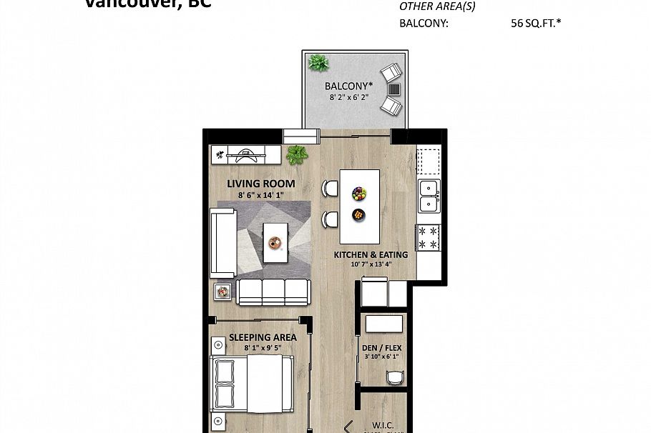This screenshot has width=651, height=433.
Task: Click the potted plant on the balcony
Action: [318, 64]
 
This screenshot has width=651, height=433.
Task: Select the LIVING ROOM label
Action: [260, 184]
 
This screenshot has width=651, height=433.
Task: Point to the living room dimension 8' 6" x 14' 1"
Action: [260, 194]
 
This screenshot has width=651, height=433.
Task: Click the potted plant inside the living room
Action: [297, 154]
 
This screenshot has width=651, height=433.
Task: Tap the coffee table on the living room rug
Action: [275, 242]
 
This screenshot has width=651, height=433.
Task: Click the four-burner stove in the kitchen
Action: [429, 238]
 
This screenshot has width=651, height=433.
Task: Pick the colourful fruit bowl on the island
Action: [359, 194]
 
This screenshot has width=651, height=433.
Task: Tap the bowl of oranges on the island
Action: [358, 214]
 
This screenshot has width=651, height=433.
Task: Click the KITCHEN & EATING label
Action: [371, 255]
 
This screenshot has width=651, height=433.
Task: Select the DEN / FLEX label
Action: [381, 349]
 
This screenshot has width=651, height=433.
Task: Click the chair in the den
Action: [394, 378]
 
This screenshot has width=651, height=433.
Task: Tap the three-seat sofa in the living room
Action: [273, 292]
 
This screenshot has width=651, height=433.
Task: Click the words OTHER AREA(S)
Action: [436, 7]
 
